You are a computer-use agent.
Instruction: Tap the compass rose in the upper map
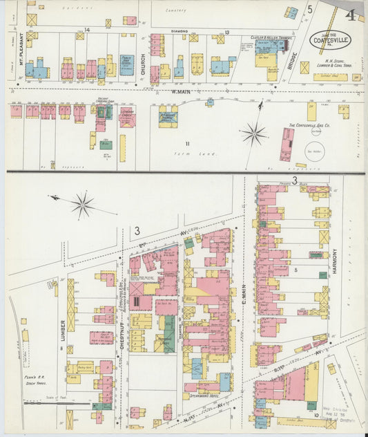pos(255,132)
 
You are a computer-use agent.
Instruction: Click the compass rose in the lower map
pos(82,204)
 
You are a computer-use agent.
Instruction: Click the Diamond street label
pos(179,31)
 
